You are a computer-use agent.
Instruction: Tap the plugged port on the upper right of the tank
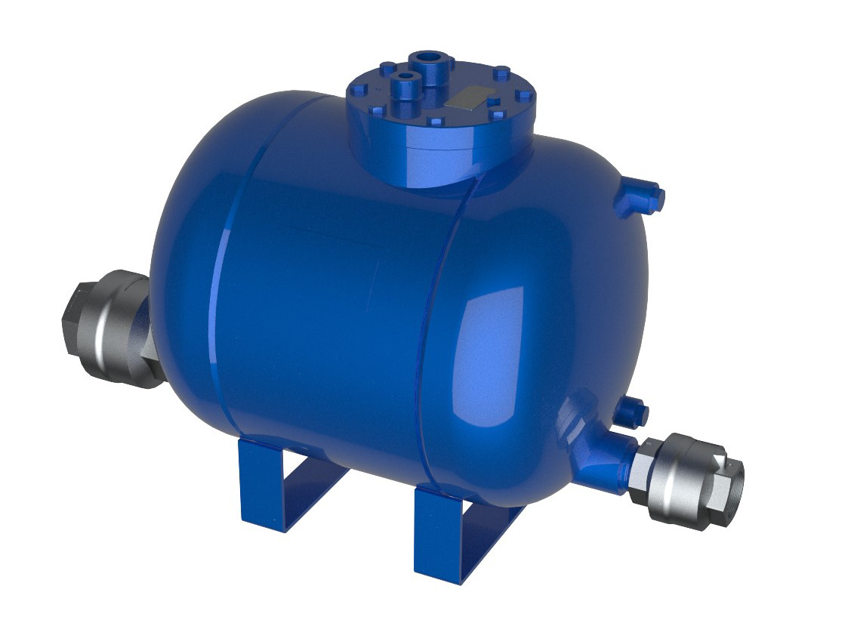pos(642,198)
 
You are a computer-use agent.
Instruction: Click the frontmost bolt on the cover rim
pos(435,122)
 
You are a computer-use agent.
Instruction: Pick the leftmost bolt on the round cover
pos(359,89)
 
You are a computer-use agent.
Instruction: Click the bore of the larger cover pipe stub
pos(430,57)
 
